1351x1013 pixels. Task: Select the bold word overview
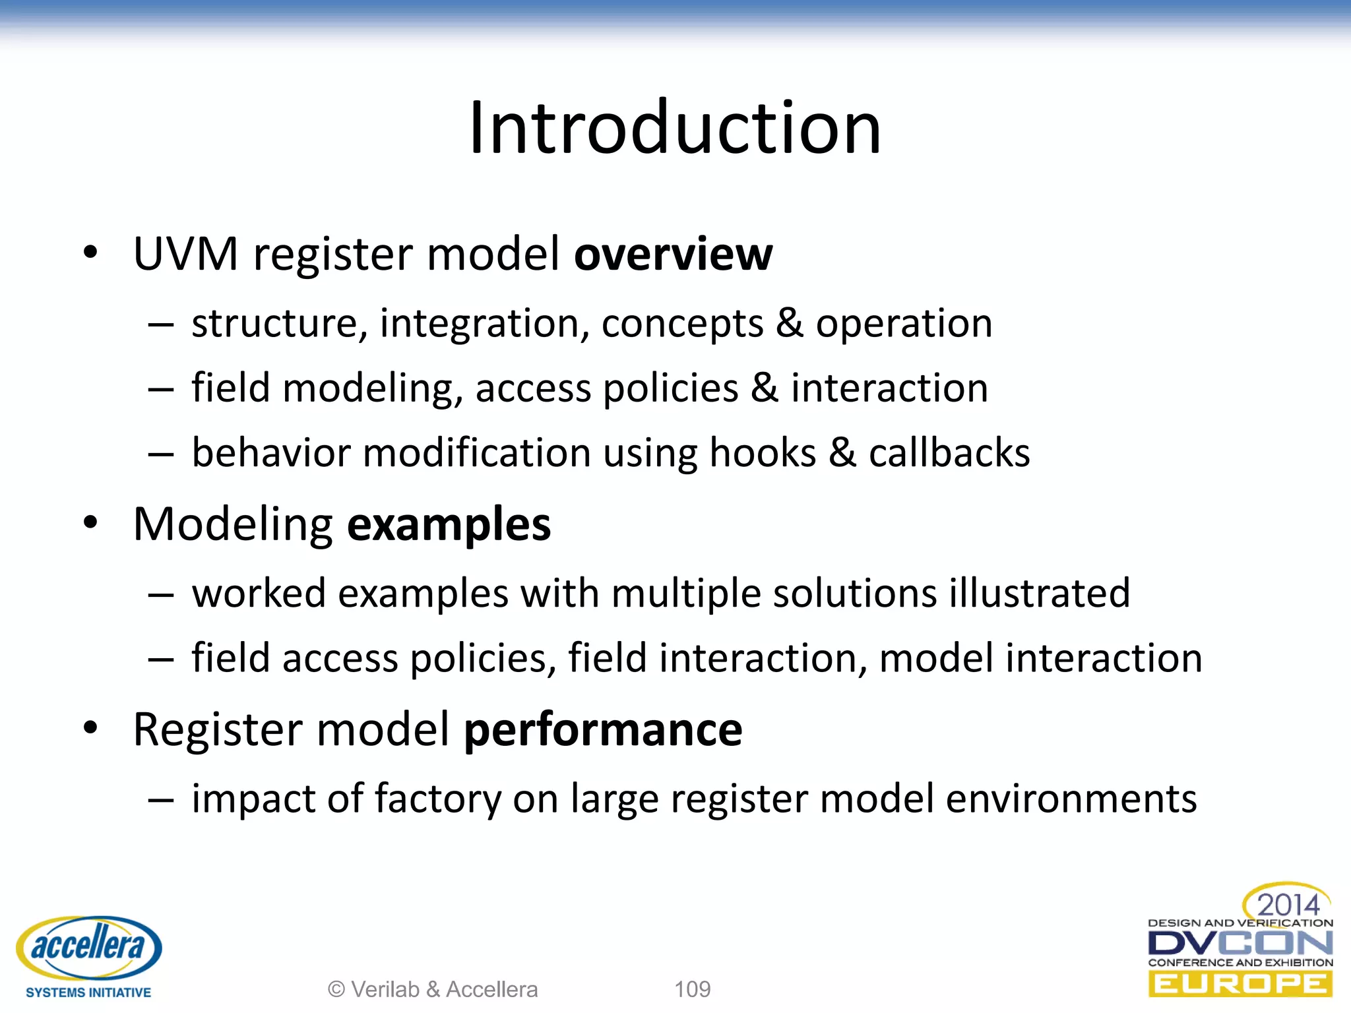point(674,254)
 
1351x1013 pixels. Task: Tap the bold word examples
point(449,525)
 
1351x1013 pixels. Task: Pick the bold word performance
point(603,730)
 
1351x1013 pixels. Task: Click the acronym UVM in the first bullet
point(185,254)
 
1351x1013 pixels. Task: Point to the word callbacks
point(949,453)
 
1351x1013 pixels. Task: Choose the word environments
point(1071,799)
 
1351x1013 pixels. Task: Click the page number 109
point(692,989)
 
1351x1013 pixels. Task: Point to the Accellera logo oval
point(89,948)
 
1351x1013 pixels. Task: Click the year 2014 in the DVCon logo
point(1288,904)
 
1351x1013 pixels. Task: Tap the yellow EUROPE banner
point(1240,985)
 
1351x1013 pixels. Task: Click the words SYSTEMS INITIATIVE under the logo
point(88,993)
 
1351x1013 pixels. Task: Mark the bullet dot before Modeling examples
point(90,522)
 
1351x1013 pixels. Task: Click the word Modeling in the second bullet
point(233,525)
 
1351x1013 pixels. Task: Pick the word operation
point(904,324)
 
